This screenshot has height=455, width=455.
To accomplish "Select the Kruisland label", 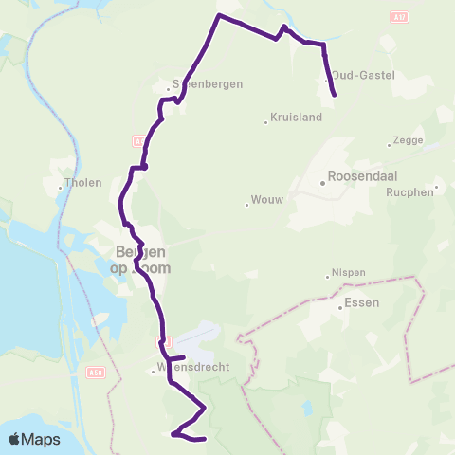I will [x=297, y=118].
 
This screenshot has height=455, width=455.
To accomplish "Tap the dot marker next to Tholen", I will [x=61, y=188].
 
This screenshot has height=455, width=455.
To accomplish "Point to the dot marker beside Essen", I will [x=339, y=306].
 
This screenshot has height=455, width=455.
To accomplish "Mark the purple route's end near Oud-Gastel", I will [x=336, y=96].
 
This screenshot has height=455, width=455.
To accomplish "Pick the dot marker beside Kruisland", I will [x=266, y=121].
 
